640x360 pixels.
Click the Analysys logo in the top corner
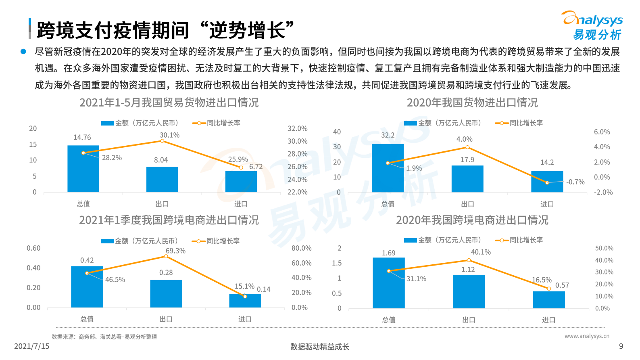point(592,25)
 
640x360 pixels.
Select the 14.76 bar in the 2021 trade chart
point(83,169)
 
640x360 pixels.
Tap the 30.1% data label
point(169,135)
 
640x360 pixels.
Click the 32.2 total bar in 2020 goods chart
point(388,168)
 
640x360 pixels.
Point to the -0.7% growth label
point(575,182)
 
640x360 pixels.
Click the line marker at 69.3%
point(166,256)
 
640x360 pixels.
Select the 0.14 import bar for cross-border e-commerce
point(245,301)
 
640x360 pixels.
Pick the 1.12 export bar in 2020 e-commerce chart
point(469,291)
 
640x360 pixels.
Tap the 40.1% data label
point(481,252)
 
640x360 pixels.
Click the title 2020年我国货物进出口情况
point(472,103)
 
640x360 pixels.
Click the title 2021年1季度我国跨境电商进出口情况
point(169,220)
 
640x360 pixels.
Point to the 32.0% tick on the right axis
point(297,129)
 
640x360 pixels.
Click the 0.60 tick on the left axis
point(33,248)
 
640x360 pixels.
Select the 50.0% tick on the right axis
point(604,248)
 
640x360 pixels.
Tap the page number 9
point(621,346)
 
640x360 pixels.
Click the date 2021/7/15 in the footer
point(31,346)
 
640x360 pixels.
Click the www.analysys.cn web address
point(587,336)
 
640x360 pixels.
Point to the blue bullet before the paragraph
point(23,52)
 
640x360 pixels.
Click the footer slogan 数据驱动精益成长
point(320,347)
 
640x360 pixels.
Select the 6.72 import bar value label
point(256,167)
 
